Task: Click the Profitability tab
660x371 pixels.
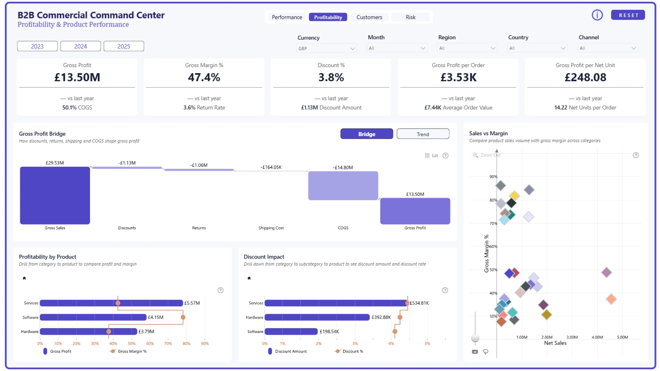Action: coord(328,17)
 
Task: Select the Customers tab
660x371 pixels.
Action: coord(369,17)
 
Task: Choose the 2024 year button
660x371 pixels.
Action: coord(80,46)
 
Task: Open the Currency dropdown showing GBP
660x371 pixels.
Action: coord(326,48)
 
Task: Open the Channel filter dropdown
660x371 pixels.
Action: coord(607,48)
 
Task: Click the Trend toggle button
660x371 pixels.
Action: coord(423,134)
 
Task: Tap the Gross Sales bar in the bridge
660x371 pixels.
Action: coord(55,195)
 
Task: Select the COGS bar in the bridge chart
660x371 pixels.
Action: coord(343,185)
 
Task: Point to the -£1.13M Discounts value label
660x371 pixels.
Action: coord(127,163)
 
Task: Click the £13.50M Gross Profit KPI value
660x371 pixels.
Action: coord(77,78)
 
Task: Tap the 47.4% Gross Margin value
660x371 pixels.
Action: coord(204,78)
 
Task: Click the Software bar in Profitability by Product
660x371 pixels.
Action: coord(93,317)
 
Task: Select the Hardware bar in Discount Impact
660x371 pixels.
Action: coord(317,317)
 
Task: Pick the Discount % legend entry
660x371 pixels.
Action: coord(349,351)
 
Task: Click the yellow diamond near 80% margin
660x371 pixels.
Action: coord(514,196)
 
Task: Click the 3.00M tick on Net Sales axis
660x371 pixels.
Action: coord(572,337)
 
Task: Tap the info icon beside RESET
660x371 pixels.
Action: coord(597,15)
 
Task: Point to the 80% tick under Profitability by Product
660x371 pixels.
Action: coord(186,344)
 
